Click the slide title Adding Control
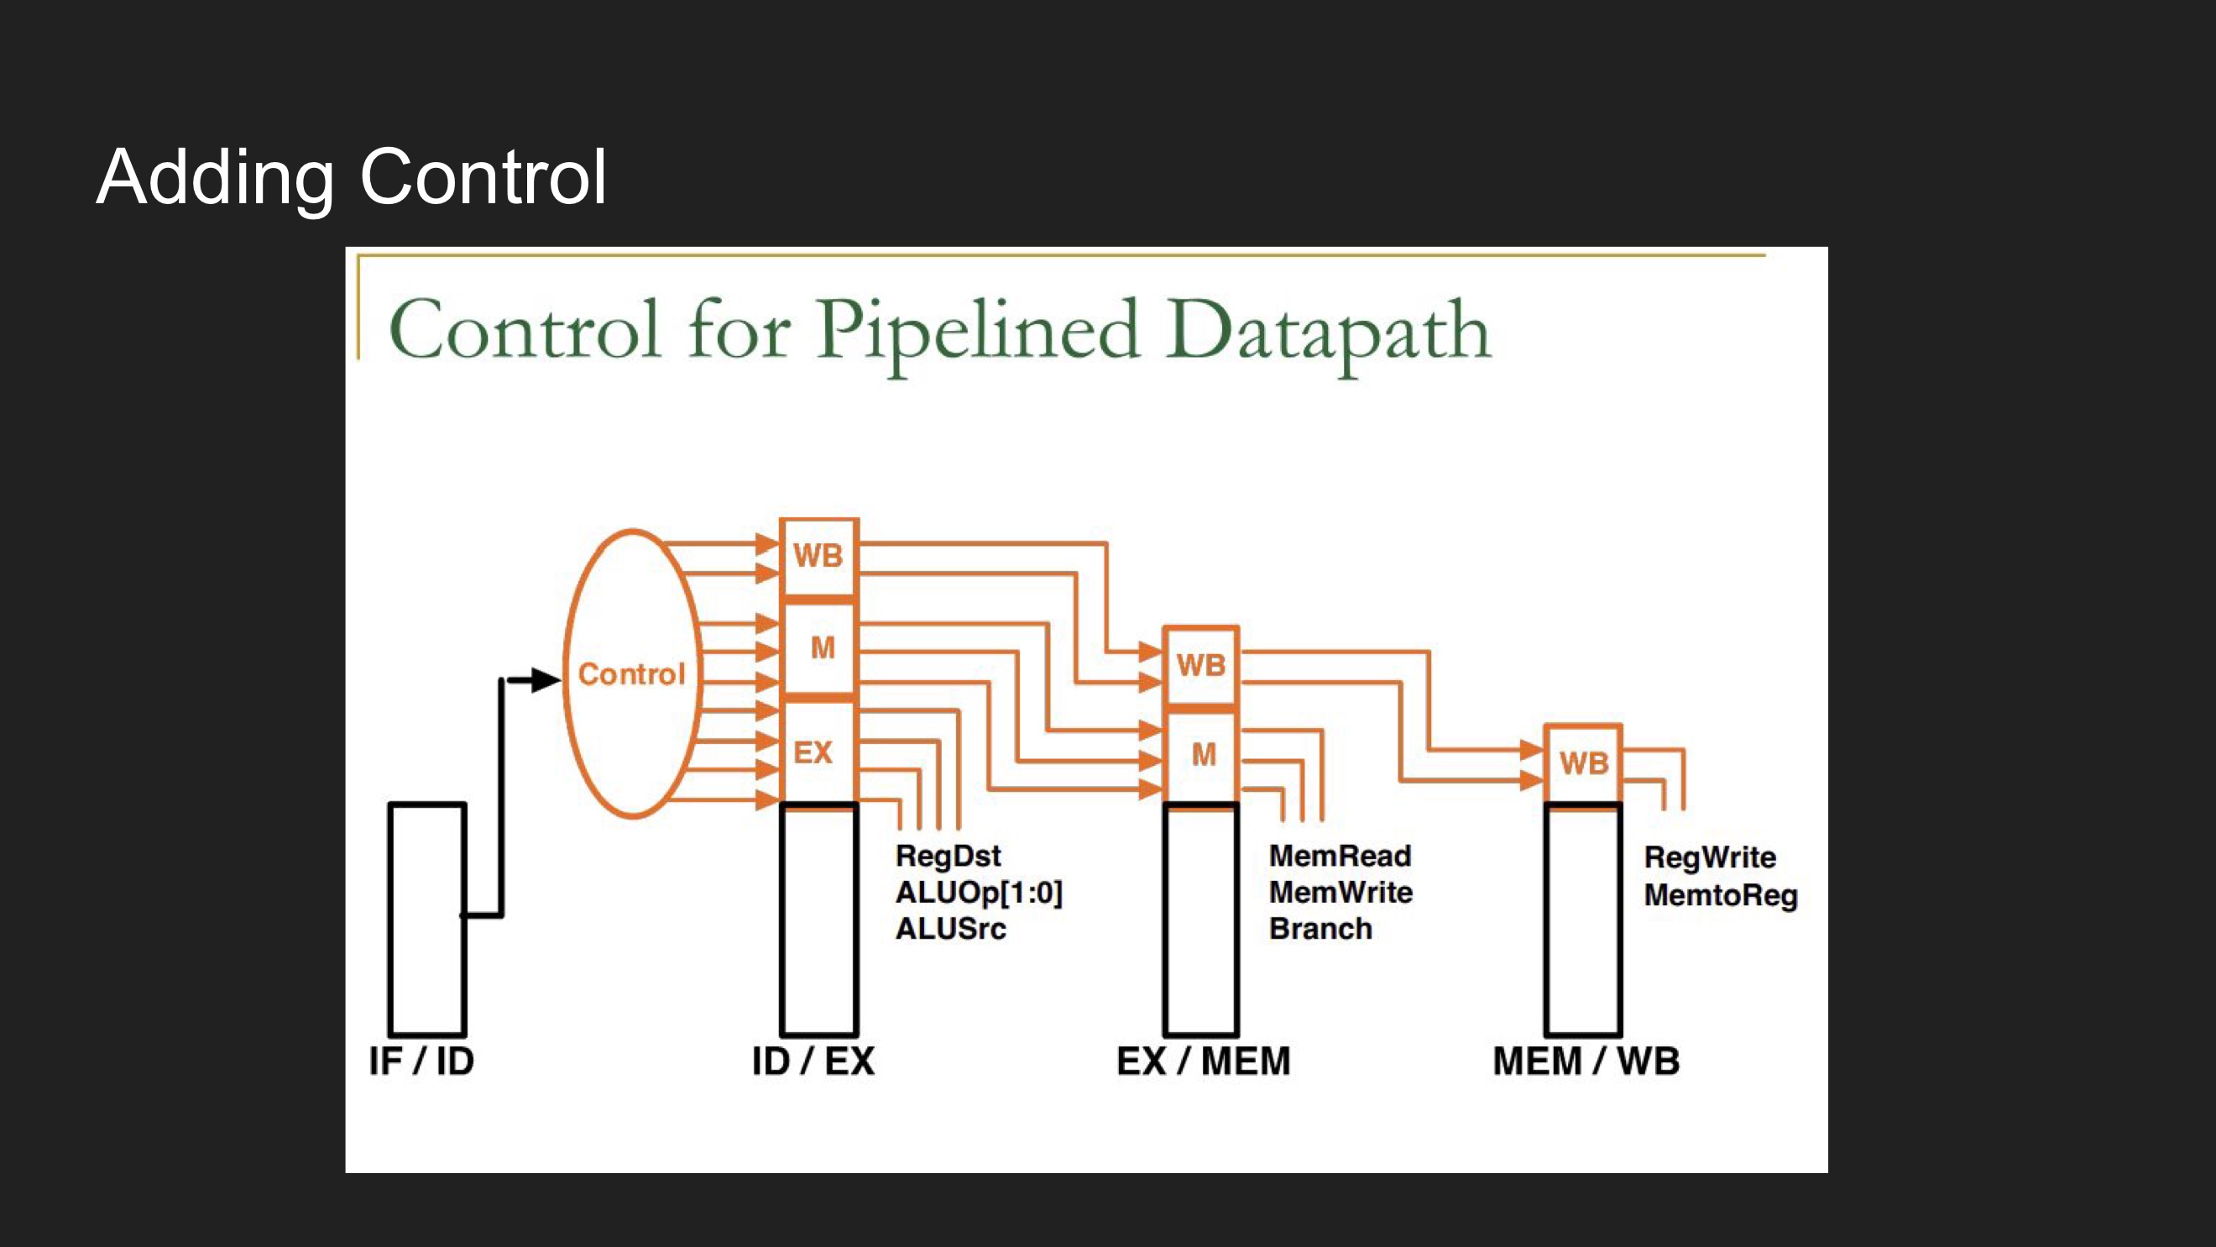(x=351, y=176)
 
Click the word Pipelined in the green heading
(x=978, y=332)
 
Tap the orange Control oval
(x=632, y=673)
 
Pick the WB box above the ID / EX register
(x=818, y=556)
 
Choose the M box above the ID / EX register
(x=822, y=647)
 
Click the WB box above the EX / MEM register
(x=1201, y=664)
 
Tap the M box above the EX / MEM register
(x=1203, y=755)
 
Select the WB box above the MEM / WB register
(x=1583, y=762)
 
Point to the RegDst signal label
(x=948, y=857)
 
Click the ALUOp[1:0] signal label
(x=979, y=893)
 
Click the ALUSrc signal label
(x=950, y=930)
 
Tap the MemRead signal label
(x=1341, y=857)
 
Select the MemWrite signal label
(x=1341, y=893)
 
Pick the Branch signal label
(x=1320, y=930)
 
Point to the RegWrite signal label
(x=1710, y=857)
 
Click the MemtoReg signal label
(x=1721, y=895)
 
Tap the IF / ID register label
(x=421, y=1061)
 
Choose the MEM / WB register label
(x=1586, y=1061)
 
